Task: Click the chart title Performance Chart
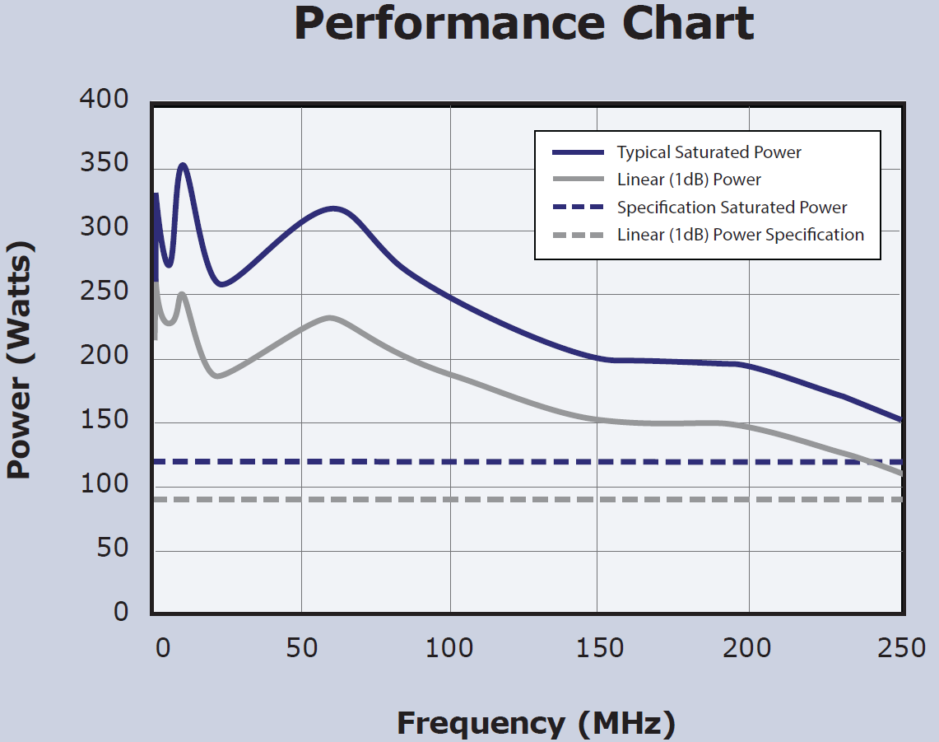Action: coord(523,25)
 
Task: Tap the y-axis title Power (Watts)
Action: coord(20,360)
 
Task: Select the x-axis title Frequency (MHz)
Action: coord(536,723)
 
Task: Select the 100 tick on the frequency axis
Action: coord(451,648)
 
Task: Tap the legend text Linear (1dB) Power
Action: coord(689,180)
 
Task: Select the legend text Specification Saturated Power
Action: coord(732,208)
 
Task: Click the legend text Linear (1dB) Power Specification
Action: coord(740,235)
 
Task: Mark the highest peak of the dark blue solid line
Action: coord(183,165)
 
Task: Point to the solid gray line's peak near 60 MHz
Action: coord(330,317)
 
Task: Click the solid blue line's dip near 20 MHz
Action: coord(221,285)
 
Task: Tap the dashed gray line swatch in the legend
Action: coord(580,235)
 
